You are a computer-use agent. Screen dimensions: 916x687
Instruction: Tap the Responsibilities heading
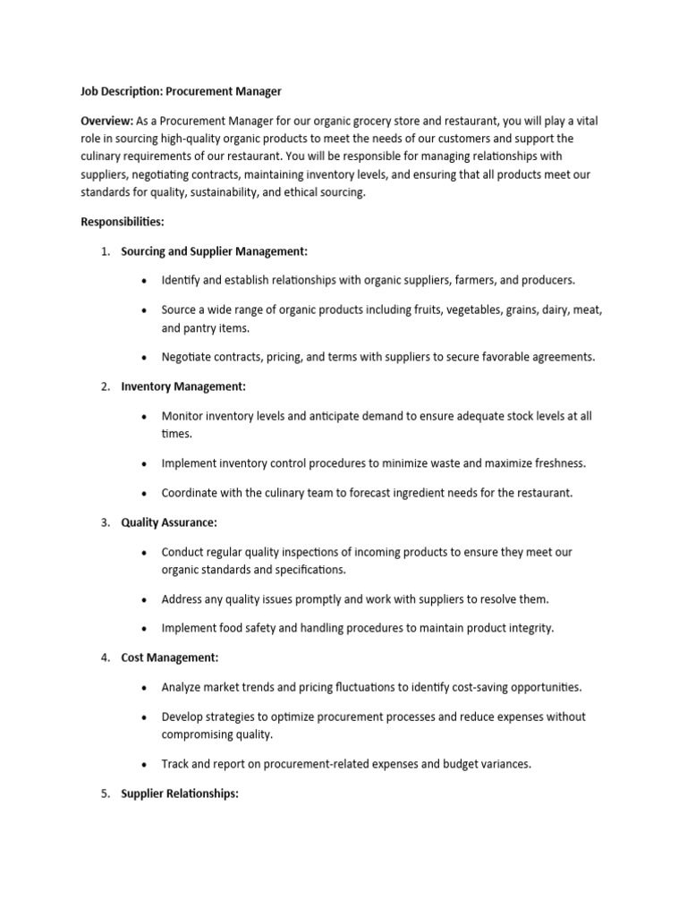(x=123, y=222)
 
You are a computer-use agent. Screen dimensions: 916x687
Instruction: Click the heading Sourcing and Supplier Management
(x=214, y=251)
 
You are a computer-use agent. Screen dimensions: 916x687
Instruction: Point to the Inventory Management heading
(x=182, y=386)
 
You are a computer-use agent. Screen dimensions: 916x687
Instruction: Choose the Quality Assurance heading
(x=169, y=522)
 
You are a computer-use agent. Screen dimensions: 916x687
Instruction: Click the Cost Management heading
(x=169, y=657)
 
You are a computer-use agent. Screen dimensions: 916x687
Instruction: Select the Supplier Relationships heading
(x=180, y=793)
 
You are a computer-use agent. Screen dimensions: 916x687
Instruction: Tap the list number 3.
(x=104, y=522)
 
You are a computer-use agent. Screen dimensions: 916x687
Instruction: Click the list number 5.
(x=104, y=793)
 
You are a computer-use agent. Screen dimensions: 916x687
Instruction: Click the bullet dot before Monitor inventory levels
(x=144, y=416)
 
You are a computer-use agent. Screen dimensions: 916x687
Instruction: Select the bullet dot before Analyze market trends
(x=144, y=687)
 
